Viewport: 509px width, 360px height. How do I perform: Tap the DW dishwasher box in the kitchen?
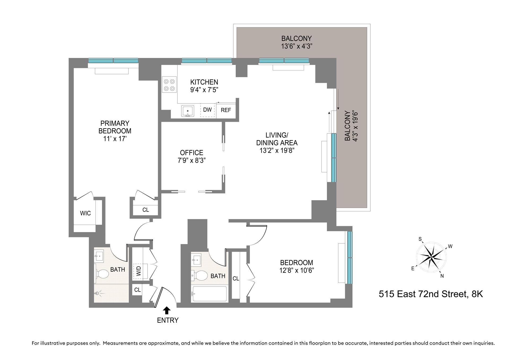207,110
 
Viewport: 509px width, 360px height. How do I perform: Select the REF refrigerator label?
226,110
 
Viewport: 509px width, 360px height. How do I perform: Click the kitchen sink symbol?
188,111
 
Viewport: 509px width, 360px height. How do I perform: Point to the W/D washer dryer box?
138,271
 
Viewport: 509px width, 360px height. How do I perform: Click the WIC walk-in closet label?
85,213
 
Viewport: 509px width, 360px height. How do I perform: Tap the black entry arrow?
167,310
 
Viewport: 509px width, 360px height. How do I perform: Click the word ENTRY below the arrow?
168,320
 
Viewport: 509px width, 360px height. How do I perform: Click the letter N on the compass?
442,276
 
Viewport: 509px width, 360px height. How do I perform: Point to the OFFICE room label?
191,153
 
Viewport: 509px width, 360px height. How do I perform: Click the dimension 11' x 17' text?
115,139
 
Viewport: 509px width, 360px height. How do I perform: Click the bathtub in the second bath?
209,294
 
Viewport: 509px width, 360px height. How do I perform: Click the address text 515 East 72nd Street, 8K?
431,294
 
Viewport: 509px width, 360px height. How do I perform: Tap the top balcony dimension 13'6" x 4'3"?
297,46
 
